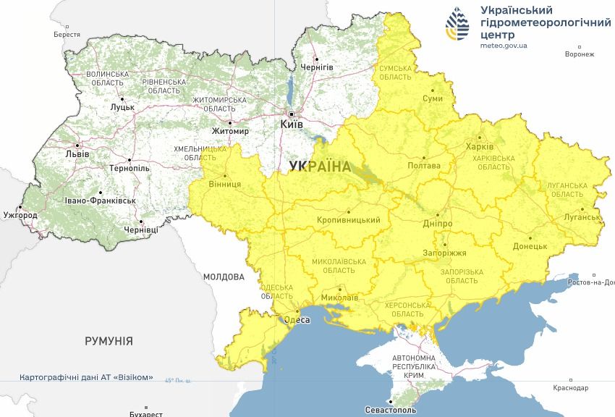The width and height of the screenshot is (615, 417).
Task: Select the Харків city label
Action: point(480,147)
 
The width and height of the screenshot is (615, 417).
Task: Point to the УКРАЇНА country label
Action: point(319,167)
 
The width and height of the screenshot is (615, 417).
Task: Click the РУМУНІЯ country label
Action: point(109,340)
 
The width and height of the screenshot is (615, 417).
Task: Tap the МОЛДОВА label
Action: point(224,277)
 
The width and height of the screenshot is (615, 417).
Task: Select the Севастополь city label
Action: point(391,410)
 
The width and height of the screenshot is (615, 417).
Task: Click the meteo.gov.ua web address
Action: point(504,45)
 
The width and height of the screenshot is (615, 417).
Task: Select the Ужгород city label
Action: point(20,216)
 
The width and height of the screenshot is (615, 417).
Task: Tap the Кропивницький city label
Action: point(348,219)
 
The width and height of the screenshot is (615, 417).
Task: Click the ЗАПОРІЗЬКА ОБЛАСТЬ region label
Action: point(461,276)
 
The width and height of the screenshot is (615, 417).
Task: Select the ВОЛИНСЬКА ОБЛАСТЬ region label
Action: point(107,79)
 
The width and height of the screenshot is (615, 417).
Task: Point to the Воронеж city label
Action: point(579,54)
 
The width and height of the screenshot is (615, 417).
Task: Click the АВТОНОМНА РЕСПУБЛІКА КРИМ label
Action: point(414,367)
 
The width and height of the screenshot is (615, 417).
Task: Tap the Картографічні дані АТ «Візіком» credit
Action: point(86,377)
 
